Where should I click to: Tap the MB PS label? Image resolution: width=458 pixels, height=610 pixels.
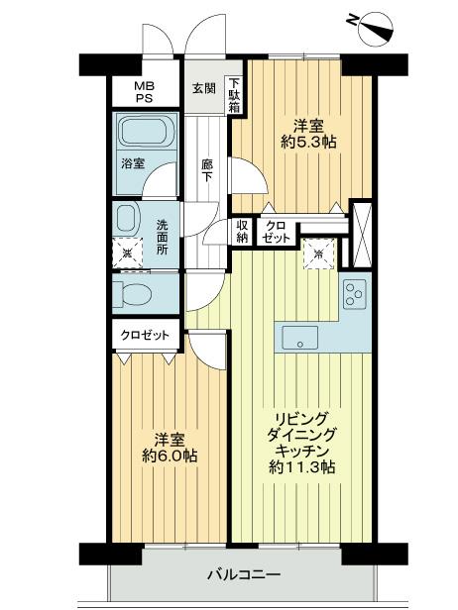(x=145, y=92)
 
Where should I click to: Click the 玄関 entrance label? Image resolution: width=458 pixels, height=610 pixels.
(x=204, y=87)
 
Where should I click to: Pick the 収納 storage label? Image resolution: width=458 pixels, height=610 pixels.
(x=243, y=231)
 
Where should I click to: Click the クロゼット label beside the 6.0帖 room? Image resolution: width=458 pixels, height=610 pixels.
(x=146, y=336)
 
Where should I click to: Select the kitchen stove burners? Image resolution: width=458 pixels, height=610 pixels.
(x=354, y=294)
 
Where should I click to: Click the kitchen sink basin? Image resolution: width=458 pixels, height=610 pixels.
(x=299, y=337)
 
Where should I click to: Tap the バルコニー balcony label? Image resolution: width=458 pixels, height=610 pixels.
(x=245, y=573)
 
